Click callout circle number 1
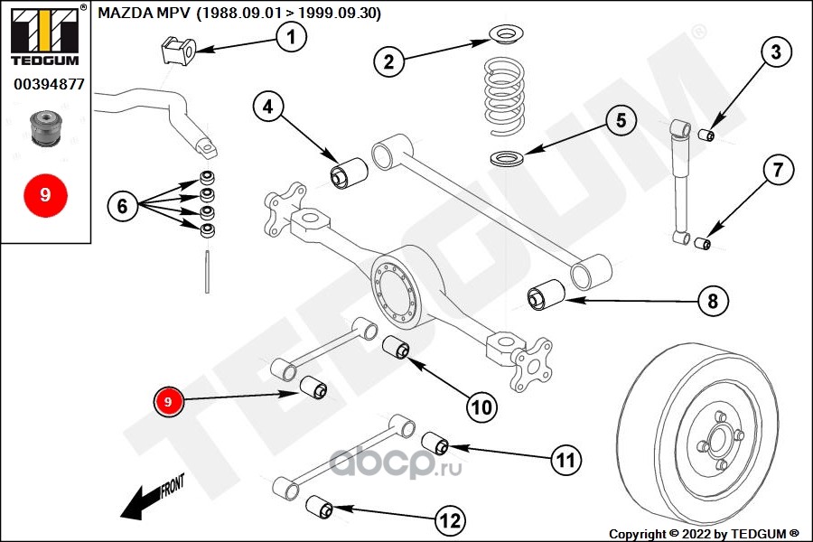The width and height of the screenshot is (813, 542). coord(290,37)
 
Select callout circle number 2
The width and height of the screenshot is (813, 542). coord(388,61)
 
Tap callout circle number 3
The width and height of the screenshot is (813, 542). coord(775,52)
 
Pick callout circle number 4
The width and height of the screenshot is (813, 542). coord(267,108)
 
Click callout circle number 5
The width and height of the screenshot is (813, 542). coord(621,120)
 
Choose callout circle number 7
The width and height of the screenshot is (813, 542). coord(778,169)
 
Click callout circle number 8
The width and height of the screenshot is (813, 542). coord(712,302)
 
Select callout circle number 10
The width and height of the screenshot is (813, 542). coord(482,407)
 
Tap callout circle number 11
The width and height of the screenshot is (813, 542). coord(565,461)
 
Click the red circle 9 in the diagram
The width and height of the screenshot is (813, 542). coord(169,401)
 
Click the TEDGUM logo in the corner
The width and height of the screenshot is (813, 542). coord(42,33)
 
